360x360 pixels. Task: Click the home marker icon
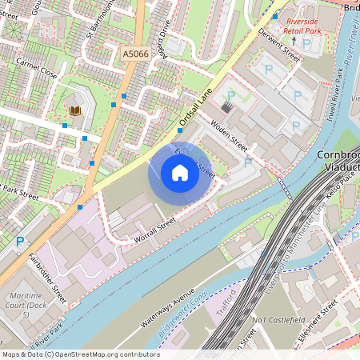(179, 173)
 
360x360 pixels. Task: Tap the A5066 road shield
(135, 54)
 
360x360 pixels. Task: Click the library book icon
(75, 110)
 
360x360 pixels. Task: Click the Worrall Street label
(154, 229)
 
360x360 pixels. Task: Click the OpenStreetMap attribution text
(80, 354)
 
